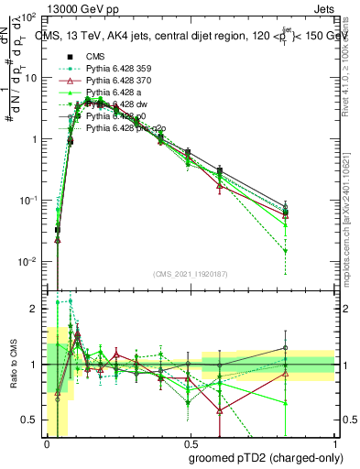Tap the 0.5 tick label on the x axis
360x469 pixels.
190,443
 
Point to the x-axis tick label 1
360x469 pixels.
334,443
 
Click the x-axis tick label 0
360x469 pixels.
46,443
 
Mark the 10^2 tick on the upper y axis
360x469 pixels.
28,17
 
